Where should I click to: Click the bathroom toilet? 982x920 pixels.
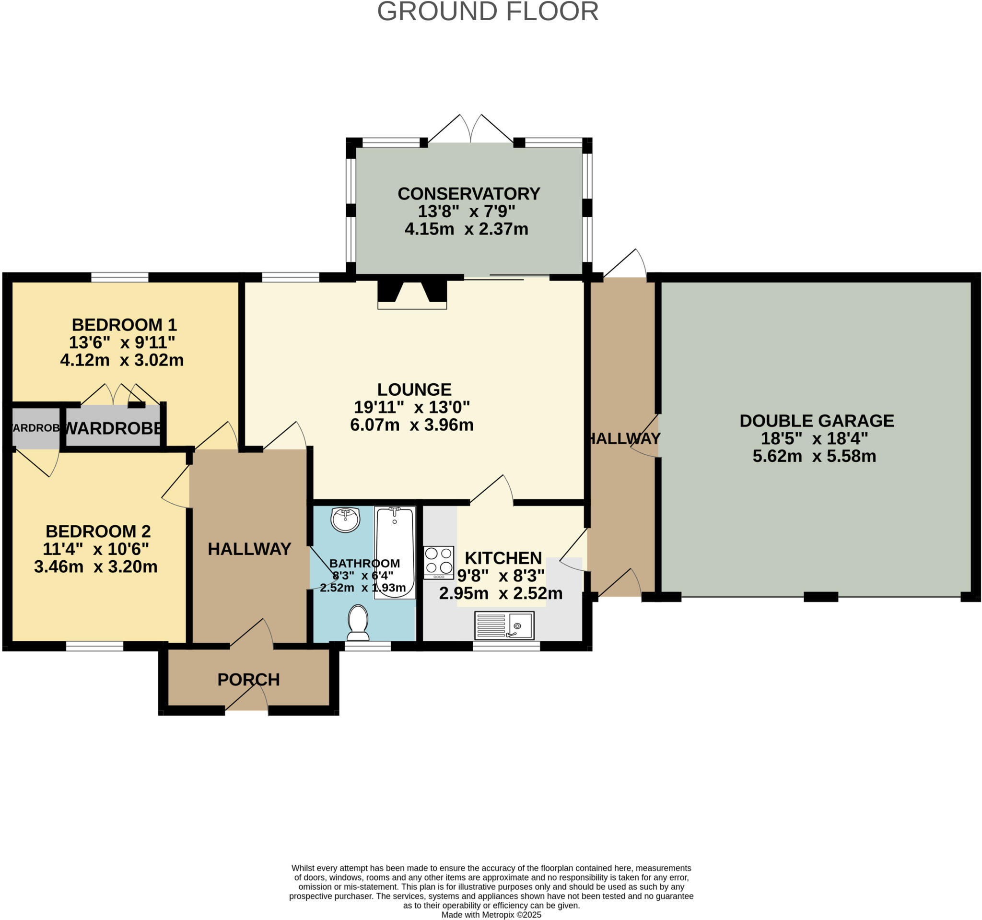coord(358,623)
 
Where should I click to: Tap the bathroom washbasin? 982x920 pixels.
coord(345,519)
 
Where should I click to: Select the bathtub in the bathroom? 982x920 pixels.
coord(394,552)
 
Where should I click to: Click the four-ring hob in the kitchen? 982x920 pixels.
coord(439,562)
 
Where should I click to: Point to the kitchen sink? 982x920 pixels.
coord(504,625)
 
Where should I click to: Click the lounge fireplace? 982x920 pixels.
coord(412,294)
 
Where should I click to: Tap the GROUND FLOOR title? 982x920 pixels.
coord(488,12)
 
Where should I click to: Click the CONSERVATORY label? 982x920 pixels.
coord(468,194)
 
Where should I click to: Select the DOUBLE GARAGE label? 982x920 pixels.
coord(817,421)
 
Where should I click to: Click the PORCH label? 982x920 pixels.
coord(248,680)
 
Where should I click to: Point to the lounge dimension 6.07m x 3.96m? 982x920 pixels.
coord(411,425)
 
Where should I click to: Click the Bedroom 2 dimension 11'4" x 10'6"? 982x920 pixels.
coord(96,549)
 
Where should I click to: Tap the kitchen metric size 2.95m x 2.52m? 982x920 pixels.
coord(501,593)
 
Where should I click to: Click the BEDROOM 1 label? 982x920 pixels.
coord(124,325)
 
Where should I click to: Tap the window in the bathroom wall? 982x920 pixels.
coord(367,646)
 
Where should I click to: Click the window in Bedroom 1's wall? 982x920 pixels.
coord(119,277)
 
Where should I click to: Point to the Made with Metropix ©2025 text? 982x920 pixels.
coord(491,915)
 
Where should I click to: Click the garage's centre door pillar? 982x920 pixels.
coord(820,597)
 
